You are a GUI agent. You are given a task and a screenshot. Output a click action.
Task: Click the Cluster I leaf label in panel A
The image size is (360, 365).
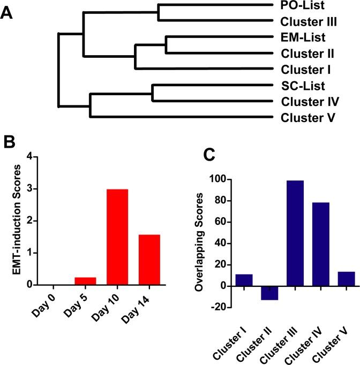tap(305, 70)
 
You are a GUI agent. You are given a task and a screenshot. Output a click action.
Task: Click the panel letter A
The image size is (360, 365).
tap(7, 12)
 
